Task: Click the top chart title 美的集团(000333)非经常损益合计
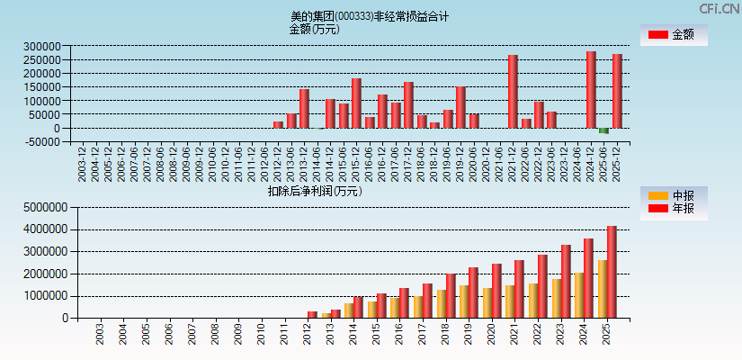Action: point(370,16)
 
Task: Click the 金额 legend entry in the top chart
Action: point(674,35)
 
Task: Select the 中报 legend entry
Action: point(674,195)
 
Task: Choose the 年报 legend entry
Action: point(674,209)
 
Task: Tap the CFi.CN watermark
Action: point(720,8)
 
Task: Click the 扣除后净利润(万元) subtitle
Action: point(314,191)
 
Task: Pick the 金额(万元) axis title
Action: point(314,29)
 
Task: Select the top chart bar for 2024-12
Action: point(591,89)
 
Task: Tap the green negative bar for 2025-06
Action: point(603,130)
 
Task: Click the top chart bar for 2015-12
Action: point(356,103)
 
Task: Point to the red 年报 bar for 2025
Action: point(612,272)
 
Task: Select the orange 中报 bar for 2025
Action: point(602,289)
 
